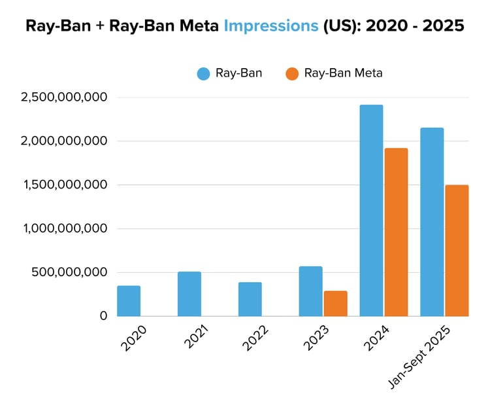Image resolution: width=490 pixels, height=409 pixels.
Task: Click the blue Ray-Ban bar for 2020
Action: pos(129,301)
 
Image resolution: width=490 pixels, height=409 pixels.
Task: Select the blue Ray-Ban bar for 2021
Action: pos(189,294)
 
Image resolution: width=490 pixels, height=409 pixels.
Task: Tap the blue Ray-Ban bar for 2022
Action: pos(250,299)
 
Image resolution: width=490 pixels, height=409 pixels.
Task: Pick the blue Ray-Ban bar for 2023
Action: pos(310,291)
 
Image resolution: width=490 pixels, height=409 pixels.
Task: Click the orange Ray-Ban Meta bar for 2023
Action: pos(335,304)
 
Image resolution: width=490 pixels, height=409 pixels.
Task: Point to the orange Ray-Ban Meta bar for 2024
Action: pos(396,232)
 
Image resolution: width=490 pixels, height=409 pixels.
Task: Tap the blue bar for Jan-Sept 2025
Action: pos(432,222)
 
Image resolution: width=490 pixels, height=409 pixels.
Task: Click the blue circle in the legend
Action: pos(204,73)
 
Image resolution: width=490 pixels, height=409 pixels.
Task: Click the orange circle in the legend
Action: pos(293,73)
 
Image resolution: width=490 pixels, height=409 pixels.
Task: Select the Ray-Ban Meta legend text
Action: pos(344,73)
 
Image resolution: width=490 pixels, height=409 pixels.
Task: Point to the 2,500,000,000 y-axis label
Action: pos(64,98)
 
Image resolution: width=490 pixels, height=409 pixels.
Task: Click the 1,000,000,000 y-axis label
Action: pos(64,228)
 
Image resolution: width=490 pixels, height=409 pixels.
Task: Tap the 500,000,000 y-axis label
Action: pos(70,272)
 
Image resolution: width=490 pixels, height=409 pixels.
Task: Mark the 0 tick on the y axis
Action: pos(103,316)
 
